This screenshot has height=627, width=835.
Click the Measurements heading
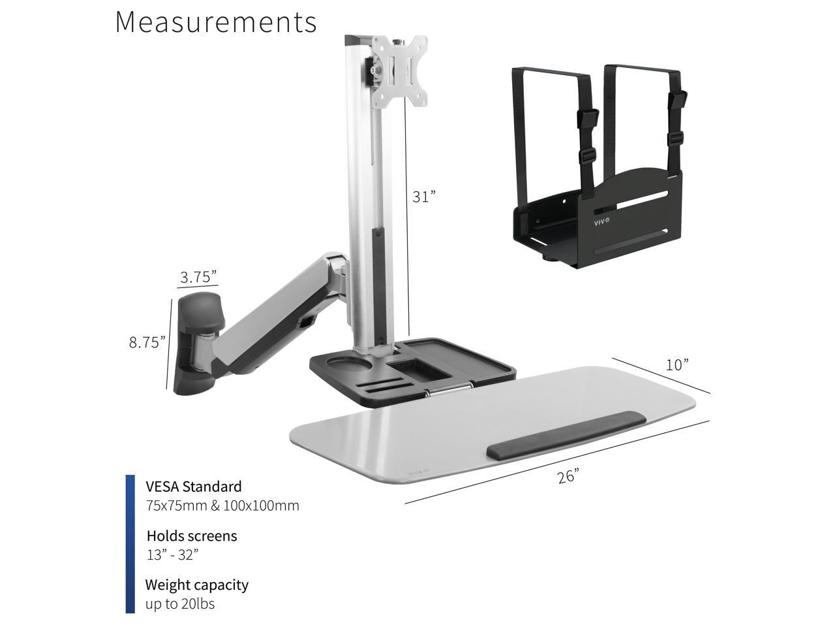pos(216,22)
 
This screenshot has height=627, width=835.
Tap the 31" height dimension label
pos(424,197)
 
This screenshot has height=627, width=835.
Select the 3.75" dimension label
pos(198,277)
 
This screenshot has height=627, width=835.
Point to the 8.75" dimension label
pos(147,342)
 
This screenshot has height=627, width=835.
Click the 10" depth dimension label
pos(677,364)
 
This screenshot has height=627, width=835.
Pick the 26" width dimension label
pos(568,477)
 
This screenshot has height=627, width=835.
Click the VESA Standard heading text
pos(194,487)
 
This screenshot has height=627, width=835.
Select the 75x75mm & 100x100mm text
pos(222,506)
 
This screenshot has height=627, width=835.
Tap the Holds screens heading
pos(192,536)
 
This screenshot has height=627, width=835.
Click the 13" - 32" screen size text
pos(173,555)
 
